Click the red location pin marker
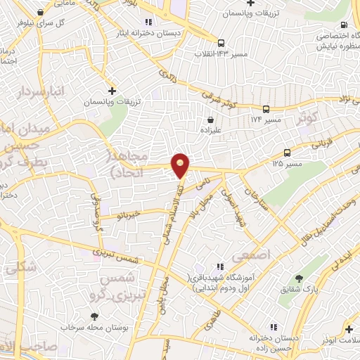pos(181,166)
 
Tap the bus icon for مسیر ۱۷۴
pos(266,109)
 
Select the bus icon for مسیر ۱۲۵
pos(287,153)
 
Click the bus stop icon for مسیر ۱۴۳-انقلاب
pos(221,41)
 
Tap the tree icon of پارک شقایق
pos(300,278)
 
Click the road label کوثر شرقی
pos(217,99)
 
